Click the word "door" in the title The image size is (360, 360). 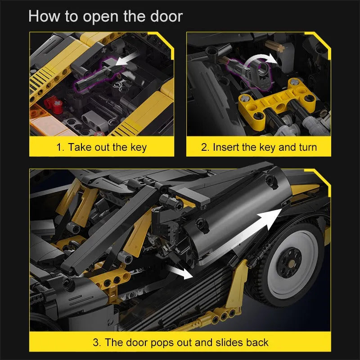pos(166,16)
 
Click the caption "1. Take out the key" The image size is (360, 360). pos(102,147)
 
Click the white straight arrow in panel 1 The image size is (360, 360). pos(126,59)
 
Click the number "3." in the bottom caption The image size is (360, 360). pos(97,342)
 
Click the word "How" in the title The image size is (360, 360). pos(44,16)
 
